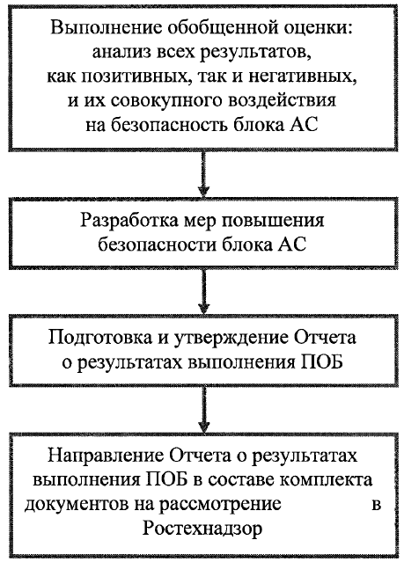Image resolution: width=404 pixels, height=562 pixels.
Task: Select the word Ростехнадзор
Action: pyautogui.click(x=202, y=529)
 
